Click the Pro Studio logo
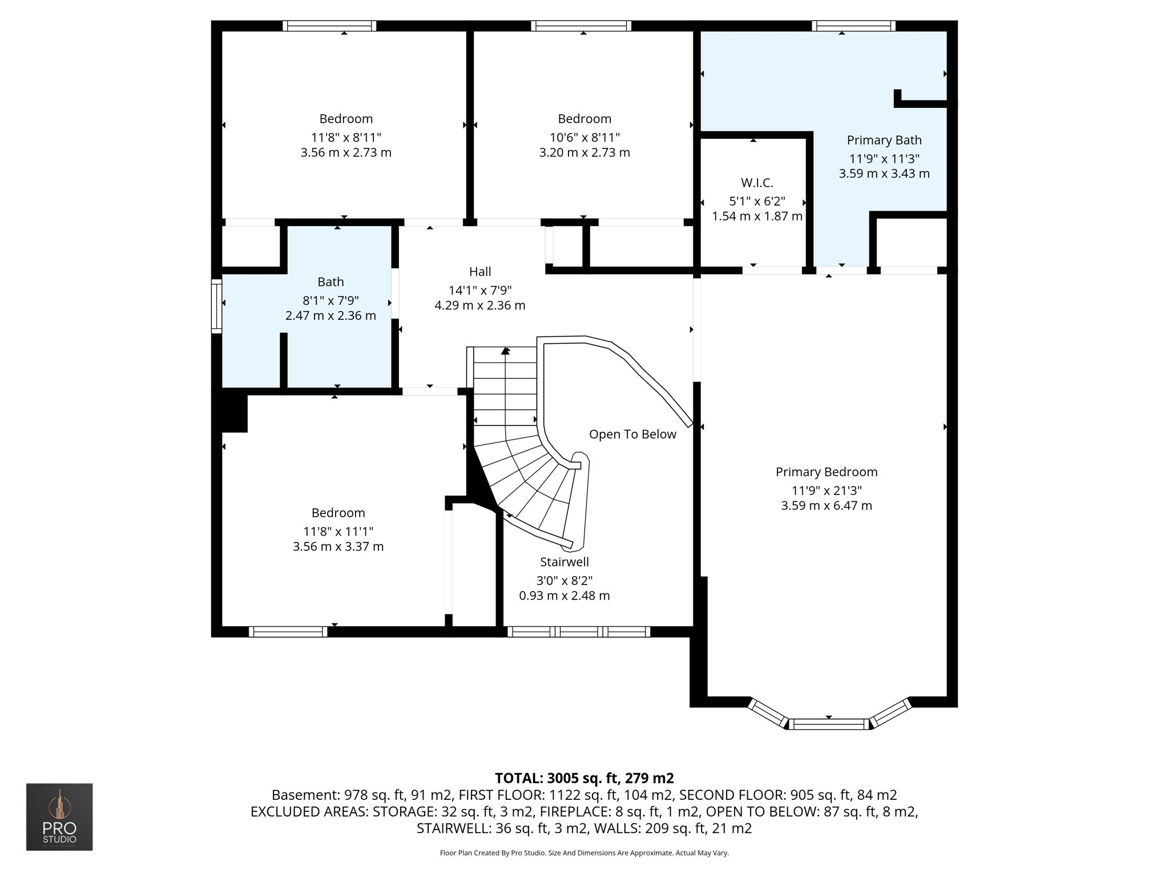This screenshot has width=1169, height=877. (x=59, y=816)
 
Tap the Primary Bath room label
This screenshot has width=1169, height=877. (x=884, y=140)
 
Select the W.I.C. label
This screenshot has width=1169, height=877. (x=757, y=183)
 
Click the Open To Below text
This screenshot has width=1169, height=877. (x=632, y=434)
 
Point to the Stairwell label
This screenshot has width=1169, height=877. (x=565, y=562)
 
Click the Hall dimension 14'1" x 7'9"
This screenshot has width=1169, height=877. (x=480, y=290)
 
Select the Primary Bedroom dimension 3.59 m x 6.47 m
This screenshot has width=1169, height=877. (x=827, y=505)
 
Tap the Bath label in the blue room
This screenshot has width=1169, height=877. (x=330, y=281)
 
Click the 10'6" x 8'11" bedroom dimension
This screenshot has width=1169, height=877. (x=584, y=137)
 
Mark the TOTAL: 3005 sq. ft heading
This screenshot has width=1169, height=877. (x=584, y=778)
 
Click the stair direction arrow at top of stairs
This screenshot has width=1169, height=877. (x=505, y=351)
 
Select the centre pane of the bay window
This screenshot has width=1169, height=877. (x=829, y=724)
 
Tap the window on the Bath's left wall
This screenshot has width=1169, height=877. (x=216, y=307)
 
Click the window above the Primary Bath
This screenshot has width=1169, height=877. (x=853, y=26)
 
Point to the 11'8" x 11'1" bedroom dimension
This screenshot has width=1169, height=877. (x=338, y=532)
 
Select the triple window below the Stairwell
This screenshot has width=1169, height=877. (x=578, y=631)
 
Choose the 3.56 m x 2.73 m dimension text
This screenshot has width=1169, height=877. (x=346, y=152)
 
